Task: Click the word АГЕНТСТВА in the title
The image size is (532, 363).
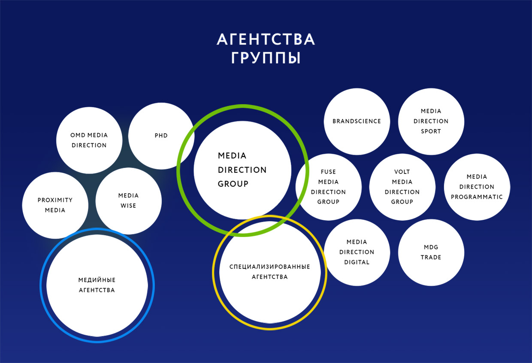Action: coord(266,39)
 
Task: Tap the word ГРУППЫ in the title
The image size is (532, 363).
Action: coord(266,58)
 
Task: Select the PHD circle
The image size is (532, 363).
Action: coord(161,136)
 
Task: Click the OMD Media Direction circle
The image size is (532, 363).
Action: coord(89,140)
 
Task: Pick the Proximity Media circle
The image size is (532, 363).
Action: coord(55,205)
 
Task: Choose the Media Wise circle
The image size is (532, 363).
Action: coord(128,201)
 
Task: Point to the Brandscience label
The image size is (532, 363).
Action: coord(357,121)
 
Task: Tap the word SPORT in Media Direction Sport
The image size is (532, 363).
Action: coord(431,131)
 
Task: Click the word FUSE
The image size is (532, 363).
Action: coord(328,172)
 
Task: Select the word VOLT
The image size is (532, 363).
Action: coord(402,172)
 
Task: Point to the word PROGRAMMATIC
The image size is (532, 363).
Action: coord(477,197)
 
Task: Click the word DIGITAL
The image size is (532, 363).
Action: coord(357,262)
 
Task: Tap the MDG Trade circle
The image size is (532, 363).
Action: coord(431,252)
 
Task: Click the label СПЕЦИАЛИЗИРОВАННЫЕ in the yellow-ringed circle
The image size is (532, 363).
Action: coord(270,267)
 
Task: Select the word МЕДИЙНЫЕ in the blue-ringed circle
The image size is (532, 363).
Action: coord(97,280)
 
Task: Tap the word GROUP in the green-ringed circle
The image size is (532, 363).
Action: coord(233,184)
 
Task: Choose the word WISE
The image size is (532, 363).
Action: coord(128,206)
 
